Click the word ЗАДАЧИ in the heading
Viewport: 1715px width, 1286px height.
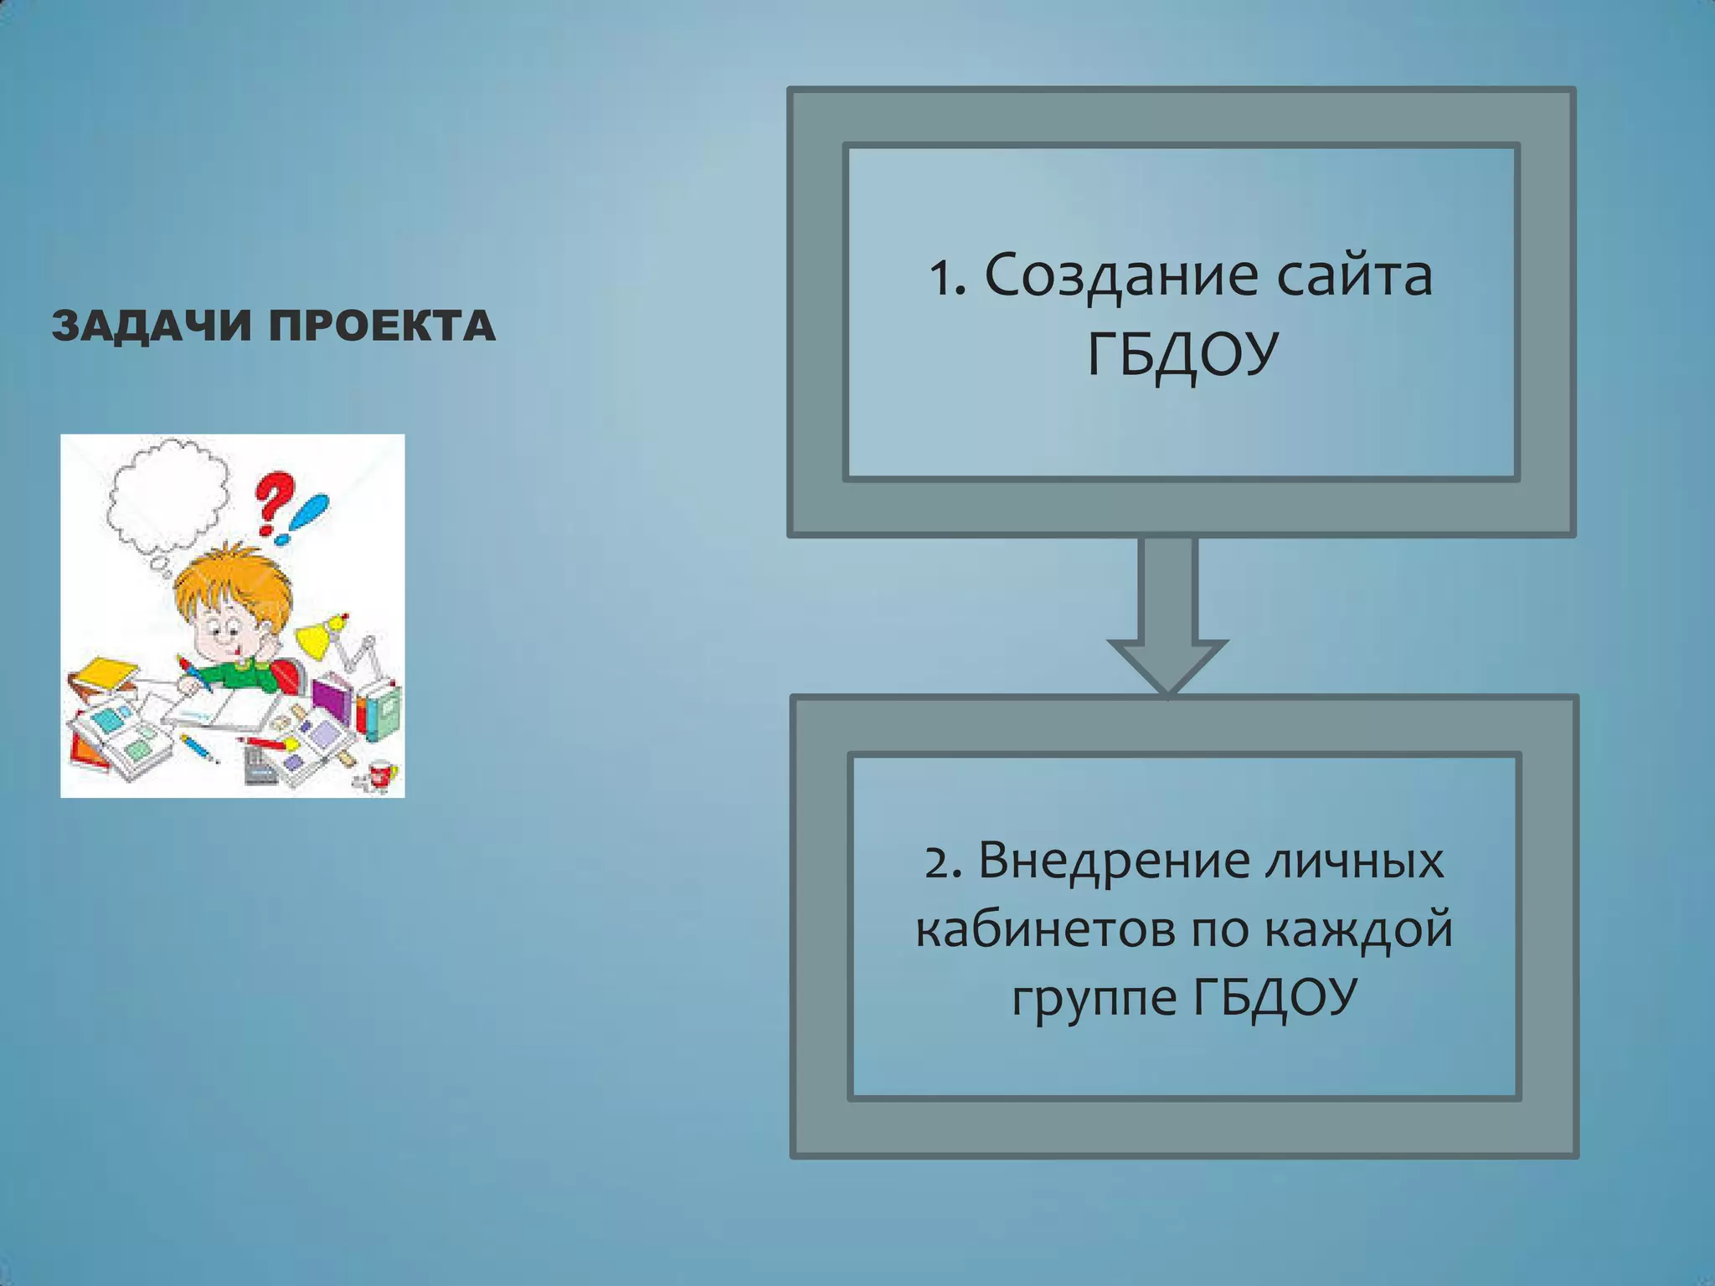tap(152, 326)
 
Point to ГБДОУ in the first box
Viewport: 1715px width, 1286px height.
tap(1182, 355)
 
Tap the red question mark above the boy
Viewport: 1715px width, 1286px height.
tap(275, 502)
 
